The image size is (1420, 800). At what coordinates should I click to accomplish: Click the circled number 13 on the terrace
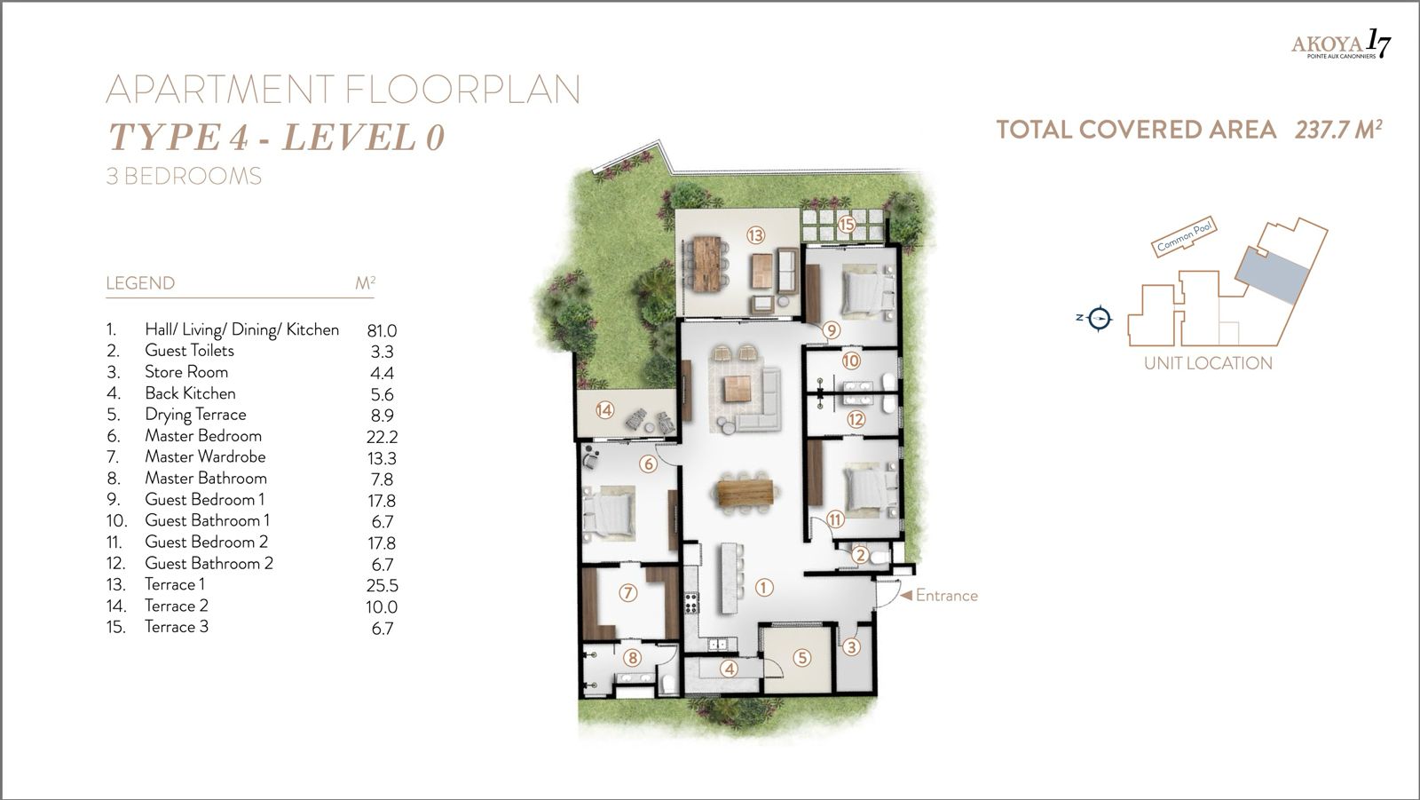(755, 235)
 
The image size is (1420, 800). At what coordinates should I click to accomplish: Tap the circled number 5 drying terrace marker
(801, 658)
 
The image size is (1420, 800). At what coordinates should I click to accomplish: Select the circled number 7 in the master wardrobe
(627, 592)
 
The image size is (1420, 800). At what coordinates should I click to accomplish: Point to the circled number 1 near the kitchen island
(764, 587)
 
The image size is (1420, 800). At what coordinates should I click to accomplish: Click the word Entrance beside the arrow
(946, 596)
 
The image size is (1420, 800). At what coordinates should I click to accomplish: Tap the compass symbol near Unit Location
(1100, 317)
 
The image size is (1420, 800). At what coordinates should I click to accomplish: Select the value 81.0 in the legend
(382, 330)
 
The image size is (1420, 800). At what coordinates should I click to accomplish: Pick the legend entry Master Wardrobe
(205, 456)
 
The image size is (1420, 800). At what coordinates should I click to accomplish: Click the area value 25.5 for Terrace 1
(382, 586)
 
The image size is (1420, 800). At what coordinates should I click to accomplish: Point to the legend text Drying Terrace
(195, 415)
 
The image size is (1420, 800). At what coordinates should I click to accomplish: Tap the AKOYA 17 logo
(1340, 44)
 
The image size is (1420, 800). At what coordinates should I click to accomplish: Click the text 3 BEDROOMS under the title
(184, 176)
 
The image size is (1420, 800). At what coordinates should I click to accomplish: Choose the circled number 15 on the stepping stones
(847, 225)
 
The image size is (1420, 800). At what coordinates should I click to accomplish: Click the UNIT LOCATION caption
(1208, 362)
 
